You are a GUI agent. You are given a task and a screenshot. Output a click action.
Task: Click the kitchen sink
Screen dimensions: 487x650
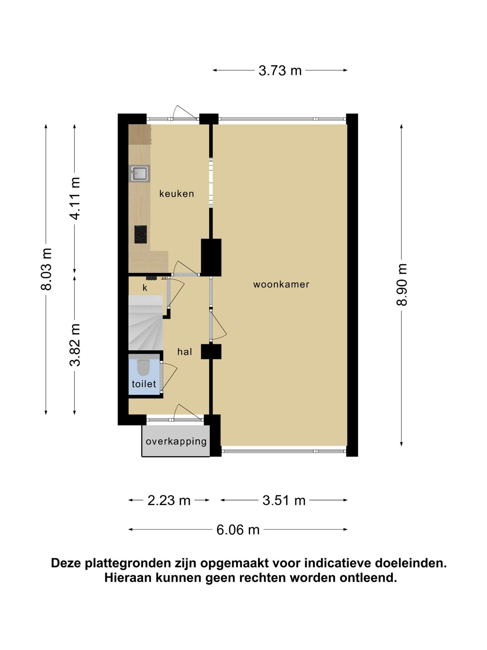pyautogui.click(x=139, y=173)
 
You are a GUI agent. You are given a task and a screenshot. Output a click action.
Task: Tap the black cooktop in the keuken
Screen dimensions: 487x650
pyautogui.click(x=140, y=234)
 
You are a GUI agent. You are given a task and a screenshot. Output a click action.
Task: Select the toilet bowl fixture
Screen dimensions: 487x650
pyautogui.click(x=144, y=368)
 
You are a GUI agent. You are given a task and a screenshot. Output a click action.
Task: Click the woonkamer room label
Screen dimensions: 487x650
pyautogui.click(x=281, y=284)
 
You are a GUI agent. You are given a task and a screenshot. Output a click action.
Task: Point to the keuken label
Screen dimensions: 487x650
pyautogui.click(x=177, y=194)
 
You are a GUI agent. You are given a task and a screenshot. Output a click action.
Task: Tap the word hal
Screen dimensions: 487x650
pyautogui.click(x=185, y=351)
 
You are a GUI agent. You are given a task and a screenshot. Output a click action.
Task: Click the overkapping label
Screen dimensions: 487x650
pyautogui.click(x=176, y=441)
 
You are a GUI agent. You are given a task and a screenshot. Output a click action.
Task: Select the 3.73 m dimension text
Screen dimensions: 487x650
pyautogui.click(x=280, y=70)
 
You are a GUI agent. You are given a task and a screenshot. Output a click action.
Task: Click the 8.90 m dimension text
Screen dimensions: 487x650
pyautogui.click(x=401, y=285)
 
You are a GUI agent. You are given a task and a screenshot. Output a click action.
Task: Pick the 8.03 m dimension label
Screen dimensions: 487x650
pyautogui.click(x=46, y=269)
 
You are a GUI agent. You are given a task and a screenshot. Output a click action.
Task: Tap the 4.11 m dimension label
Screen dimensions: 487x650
pyautogui.click(x=75, y=198)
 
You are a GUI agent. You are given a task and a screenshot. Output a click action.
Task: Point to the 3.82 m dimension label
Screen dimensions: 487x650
pyautogui.click(x=75, y=345)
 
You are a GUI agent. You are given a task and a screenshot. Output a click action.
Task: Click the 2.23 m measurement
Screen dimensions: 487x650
pyautogui.click(x=169, y=500)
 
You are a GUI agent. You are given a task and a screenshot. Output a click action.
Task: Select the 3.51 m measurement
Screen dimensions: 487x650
pyautogui.click(x=284, y=500)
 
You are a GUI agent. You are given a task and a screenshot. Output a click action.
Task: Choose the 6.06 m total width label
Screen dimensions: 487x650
pyautogui.click(x=238, y=530)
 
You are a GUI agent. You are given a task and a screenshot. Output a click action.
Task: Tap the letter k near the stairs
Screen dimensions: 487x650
pyautogui.click(x=145, y=288)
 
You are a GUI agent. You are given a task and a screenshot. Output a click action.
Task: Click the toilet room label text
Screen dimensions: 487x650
pyautogui.click(x=144, y=384)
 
